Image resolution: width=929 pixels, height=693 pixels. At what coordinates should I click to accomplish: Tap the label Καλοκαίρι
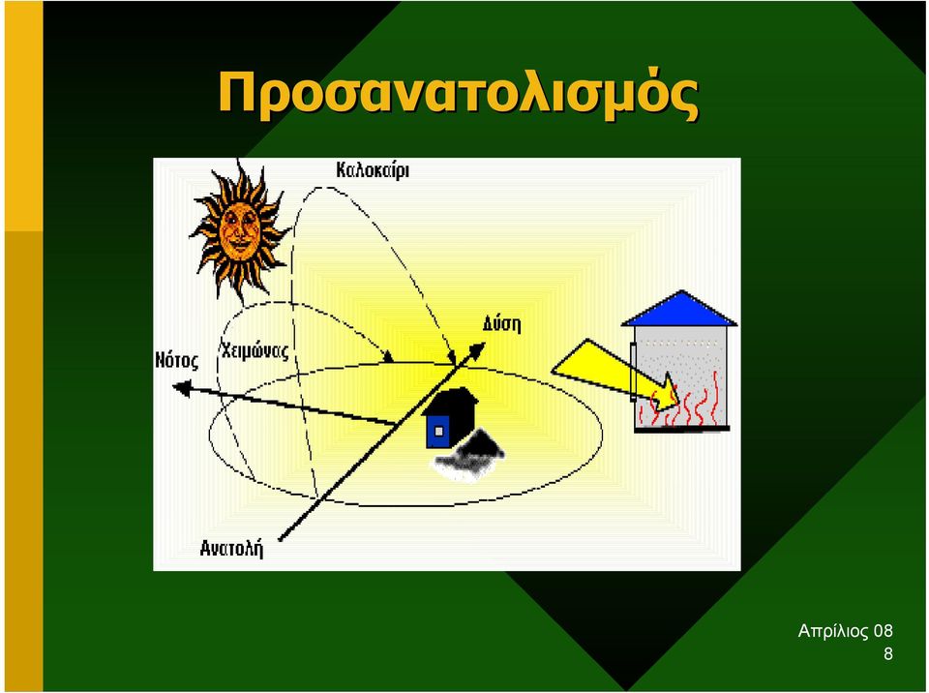pos(373,170)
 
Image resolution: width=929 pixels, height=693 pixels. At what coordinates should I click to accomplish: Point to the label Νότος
pos(176,360)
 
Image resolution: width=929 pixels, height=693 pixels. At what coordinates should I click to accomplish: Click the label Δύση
pos(501,324)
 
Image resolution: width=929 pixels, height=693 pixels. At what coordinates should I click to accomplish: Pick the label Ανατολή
pos(231,549)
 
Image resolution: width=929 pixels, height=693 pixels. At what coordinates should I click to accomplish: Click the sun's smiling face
pos(239,230)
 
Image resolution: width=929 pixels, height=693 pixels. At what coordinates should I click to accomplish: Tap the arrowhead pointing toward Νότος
pos(181,388)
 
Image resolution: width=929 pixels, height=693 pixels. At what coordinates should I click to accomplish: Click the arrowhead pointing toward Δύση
pos(476,351)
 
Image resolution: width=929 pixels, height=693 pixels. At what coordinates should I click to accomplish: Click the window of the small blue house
pos(438,432)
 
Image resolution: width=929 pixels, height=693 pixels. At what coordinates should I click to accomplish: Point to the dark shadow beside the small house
pos(470,455)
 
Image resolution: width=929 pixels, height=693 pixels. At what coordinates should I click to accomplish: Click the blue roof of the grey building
pos(680,309)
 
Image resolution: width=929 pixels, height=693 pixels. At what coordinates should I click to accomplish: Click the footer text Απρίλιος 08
pos(845,631)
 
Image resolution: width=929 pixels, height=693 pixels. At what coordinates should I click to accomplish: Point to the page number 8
pos(888,654)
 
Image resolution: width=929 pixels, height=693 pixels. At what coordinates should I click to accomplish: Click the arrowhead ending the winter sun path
pos(388,356)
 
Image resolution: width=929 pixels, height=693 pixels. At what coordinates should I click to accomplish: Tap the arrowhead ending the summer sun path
pos(452,358)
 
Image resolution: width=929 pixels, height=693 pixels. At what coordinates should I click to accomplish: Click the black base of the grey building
pos(682,429)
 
